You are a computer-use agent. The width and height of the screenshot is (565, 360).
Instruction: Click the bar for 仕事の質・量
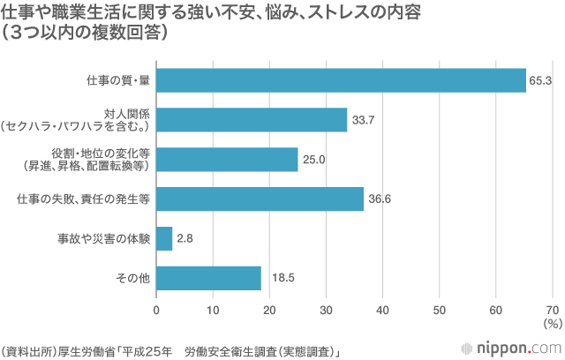341,80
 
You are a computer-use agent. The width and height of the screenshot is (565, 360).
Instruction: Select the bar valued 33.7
252,119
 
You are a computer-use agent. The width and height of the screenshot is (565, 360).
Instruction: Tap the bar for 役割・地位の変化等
227,160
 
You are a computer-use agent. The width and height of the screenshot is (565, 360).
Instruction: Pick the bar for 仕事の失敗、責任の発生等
260,199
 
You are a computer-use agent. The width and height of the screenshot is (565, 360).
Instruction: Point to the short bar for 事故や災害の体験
164,238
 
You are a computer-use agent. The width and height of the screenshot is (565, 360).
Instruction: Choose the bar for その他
208,278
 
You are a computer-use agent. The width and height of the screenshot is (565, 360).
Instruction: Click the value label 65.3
540,80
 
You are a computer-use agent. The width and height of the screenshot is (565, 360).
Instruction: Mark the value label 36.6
380,199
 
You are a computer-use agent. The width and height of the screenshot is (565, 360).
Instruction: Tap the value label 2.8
185,238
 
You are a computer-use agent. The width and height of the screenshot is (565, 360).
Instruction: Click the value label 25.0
314,160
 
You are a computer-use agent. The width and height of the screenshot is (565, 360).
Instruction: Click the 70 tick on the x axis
553,311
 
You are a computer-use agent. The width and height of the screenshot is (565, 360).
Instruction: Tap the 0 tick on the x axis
157,311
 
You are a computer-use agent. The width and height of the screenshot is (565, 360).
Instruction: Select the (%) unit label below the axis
553,325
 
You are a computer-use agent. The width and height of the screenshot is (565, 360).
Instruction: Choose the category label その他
133,278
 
